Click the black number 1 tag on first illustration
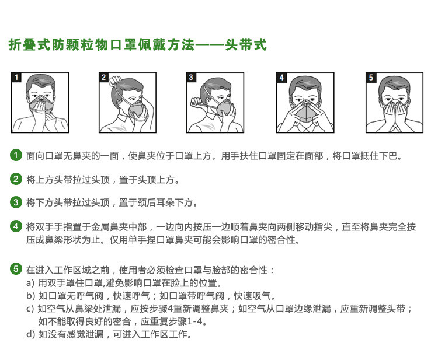16,77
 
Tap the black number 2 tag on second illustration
103,77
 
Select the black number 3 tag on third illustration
191,77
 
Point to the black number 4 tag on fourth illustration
281,77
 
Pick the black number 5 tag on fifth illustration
371,77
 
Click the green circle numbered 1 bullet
16,155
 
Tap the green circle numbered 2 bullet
16,179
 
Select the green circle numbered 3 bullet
16,202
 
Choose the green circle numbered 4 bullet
16,226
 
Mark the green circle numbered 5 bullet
16,269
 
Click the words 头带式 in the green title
246,45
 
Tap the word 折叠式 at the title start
30,45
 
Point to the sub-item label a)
30,283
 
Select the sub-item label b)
30,296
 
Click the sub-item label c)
30,309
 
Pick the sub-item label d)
30,334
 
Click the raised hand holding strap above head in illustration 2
115,81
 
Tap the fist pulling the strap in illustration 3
196,102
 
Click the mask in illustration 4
305,111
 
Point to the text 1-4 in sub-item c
194,321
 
